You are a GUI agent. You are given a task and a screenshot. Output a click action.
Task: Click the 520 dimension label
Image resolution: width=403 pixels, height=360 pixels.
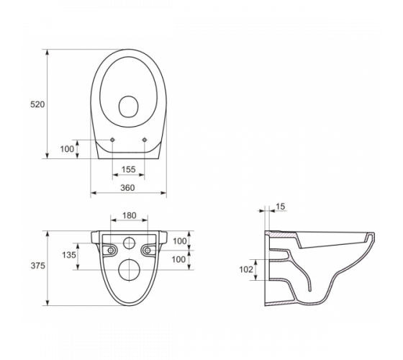point(37,104)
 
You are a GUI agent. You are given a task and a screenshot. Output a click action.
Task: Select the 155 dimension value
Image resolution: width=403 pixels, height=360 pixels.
point(129,169)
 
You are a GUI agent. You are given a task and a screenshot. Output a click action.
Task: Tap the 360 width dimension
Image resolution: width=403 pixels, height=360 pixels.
point(128,188)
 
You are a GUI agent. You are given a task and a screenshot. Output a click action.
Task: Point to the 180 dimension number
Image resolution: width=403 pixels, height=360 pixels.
point(130,215)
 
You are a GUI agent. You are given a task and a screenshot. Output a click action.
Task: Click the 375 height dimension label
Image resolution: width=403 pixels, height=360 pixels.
point(38,266)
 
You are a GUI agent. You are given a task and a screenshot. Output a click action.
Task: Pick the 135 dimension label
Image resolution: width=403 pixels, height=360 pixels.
point(69,255)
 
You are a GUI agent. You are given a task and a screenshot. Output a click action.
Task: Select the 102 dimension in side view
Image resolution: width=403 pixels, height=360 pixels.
point(246,269)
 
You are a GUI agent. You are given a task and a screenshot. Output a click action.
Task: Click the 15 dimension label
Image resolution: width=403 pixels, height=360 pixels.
point(281,207)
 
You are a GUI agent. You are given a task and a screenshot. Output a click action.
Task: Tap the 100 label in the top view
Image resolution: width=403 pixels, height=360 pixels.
point(67,149)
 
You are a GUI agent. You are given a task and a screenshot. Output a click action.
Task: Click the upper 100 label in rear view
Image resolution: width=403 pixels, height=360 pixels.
point(180,241)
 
